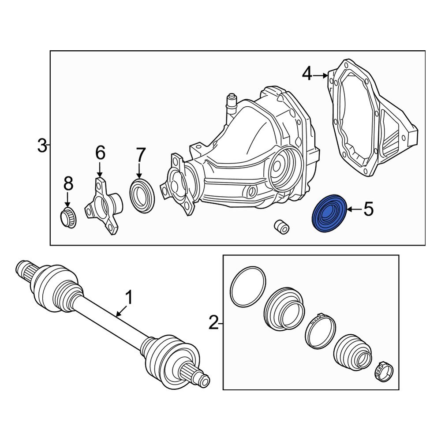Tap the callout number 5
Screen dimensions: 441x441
point(368,209)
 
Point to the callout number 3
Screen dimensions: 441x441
point(42,145)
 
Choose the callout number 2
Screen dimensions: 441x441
point(213,323)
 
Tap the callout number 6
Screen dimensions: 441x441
point(100,153)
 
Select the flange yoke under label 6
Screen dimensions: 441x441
point(103,206)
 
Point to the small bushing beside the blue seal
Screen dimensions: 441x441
point(280,226)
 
